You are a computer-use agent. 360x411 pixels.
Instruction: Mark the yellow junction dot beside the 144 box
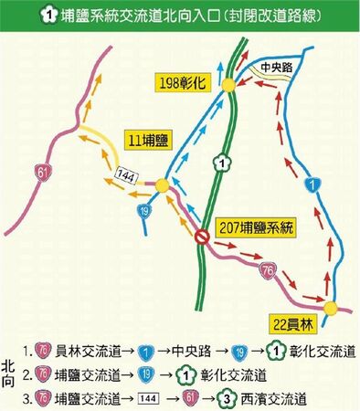pos(162,184)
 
